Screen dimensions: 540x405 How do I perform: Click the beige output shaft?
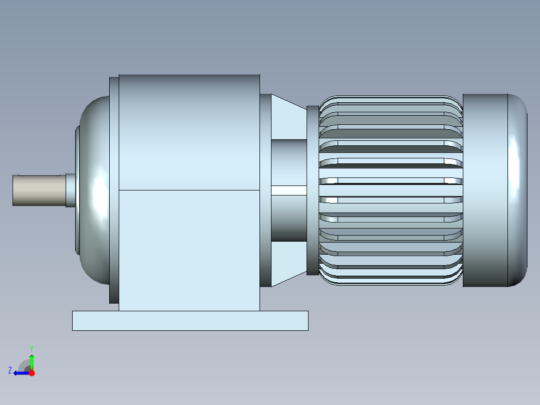click(39, 190)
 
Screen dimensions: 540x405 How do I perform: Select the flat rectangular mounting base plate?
click(190, 321)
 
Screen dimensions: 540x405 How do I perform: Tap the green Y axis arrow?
click(32, 362)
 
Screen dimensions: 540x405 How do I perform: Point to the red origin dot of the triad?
click(32, 373)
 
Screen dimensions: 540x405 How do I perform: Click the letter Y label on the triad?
click(32, 348)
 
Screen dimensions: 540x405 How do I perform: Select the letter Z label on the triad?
click(10, 370)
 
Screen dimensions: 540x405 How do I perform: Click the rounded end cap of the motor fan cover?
click(517, 190)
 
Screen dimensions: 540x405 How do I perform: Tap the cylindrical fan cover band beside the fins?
click(485, 190)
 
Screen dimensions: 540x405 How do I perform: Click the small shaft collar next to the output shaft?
click(71, 190)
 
